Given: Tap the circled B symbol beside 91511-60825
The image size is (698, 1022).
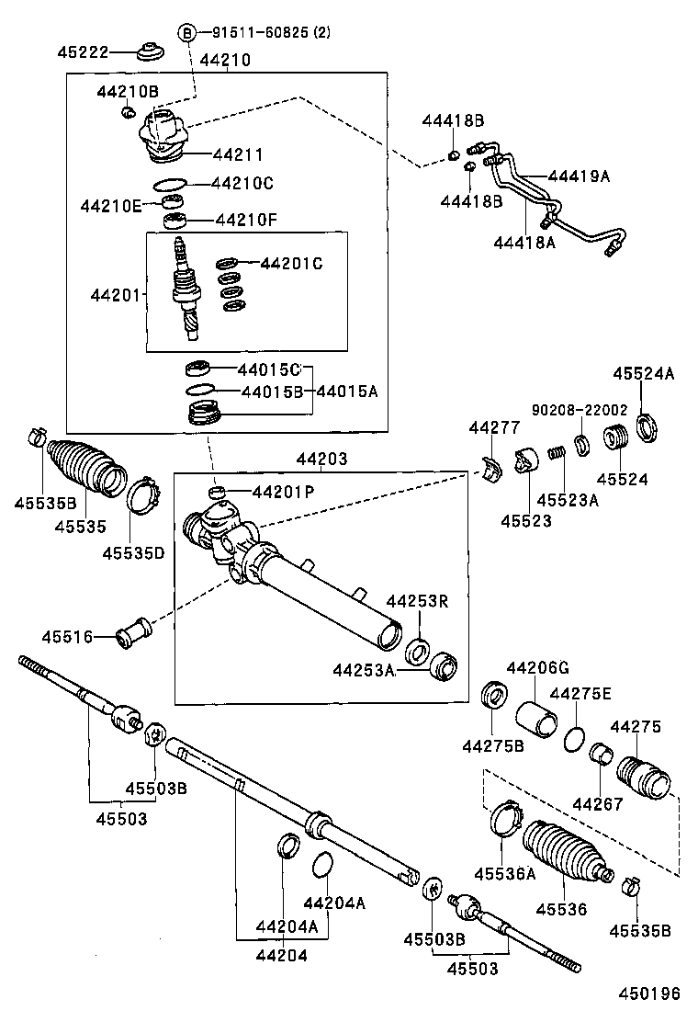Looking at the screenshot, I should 187,34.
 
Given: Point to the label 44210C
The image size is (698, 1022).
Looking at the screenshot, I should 242,183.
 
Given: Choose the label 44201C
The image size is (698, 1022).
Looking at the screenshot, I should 291,264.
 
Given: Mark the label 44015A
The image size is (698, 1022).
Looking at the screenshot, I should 347,391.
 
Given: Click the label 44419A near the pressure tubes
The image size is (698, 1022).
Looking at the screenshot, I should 579,176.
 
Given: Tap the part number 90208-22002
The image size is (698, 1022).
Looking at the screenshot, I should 579,410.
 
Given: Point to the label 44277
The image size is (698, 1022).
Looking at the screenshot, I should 493,427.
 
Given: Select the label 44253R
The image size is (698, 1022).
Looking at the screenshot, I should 416,601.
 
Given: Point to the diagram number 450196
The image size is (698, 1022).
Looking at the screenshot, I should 648,994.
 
